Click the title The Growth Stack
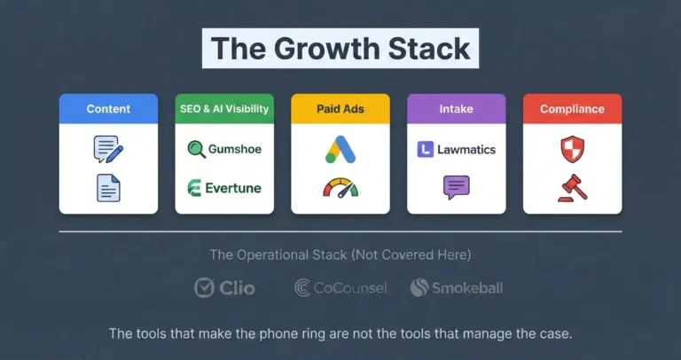(x=340, y=48)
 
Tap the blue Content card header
(x=108, y=109)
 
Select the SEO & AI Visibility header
(x=224, y=109)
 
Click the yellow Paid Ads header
(x=340, y=109)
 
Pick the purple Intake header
(x=456, y=109)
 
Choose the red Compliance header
(x=572, y=109)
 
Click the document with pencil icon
(x=107, y=149)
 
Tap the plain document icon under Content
(x=108, y=187)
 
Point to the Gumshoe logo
(x=224, y=149)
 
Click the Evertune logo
(x=224, y=188)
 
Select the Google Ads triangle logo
(x=340, y=149)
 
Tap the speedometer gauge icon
(x=340, y=188)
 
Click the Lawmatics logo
(x=456, y=150)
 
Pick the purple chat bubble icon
(x=456, y=187)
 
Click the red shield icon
(x=572, y=149)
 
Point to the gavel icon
(x=572, y=187)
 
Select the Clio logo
(x=225, y=287)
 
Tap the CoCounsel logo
(x=340, y=287)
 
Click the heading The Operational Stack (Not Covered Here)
(x=340, y=255)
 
